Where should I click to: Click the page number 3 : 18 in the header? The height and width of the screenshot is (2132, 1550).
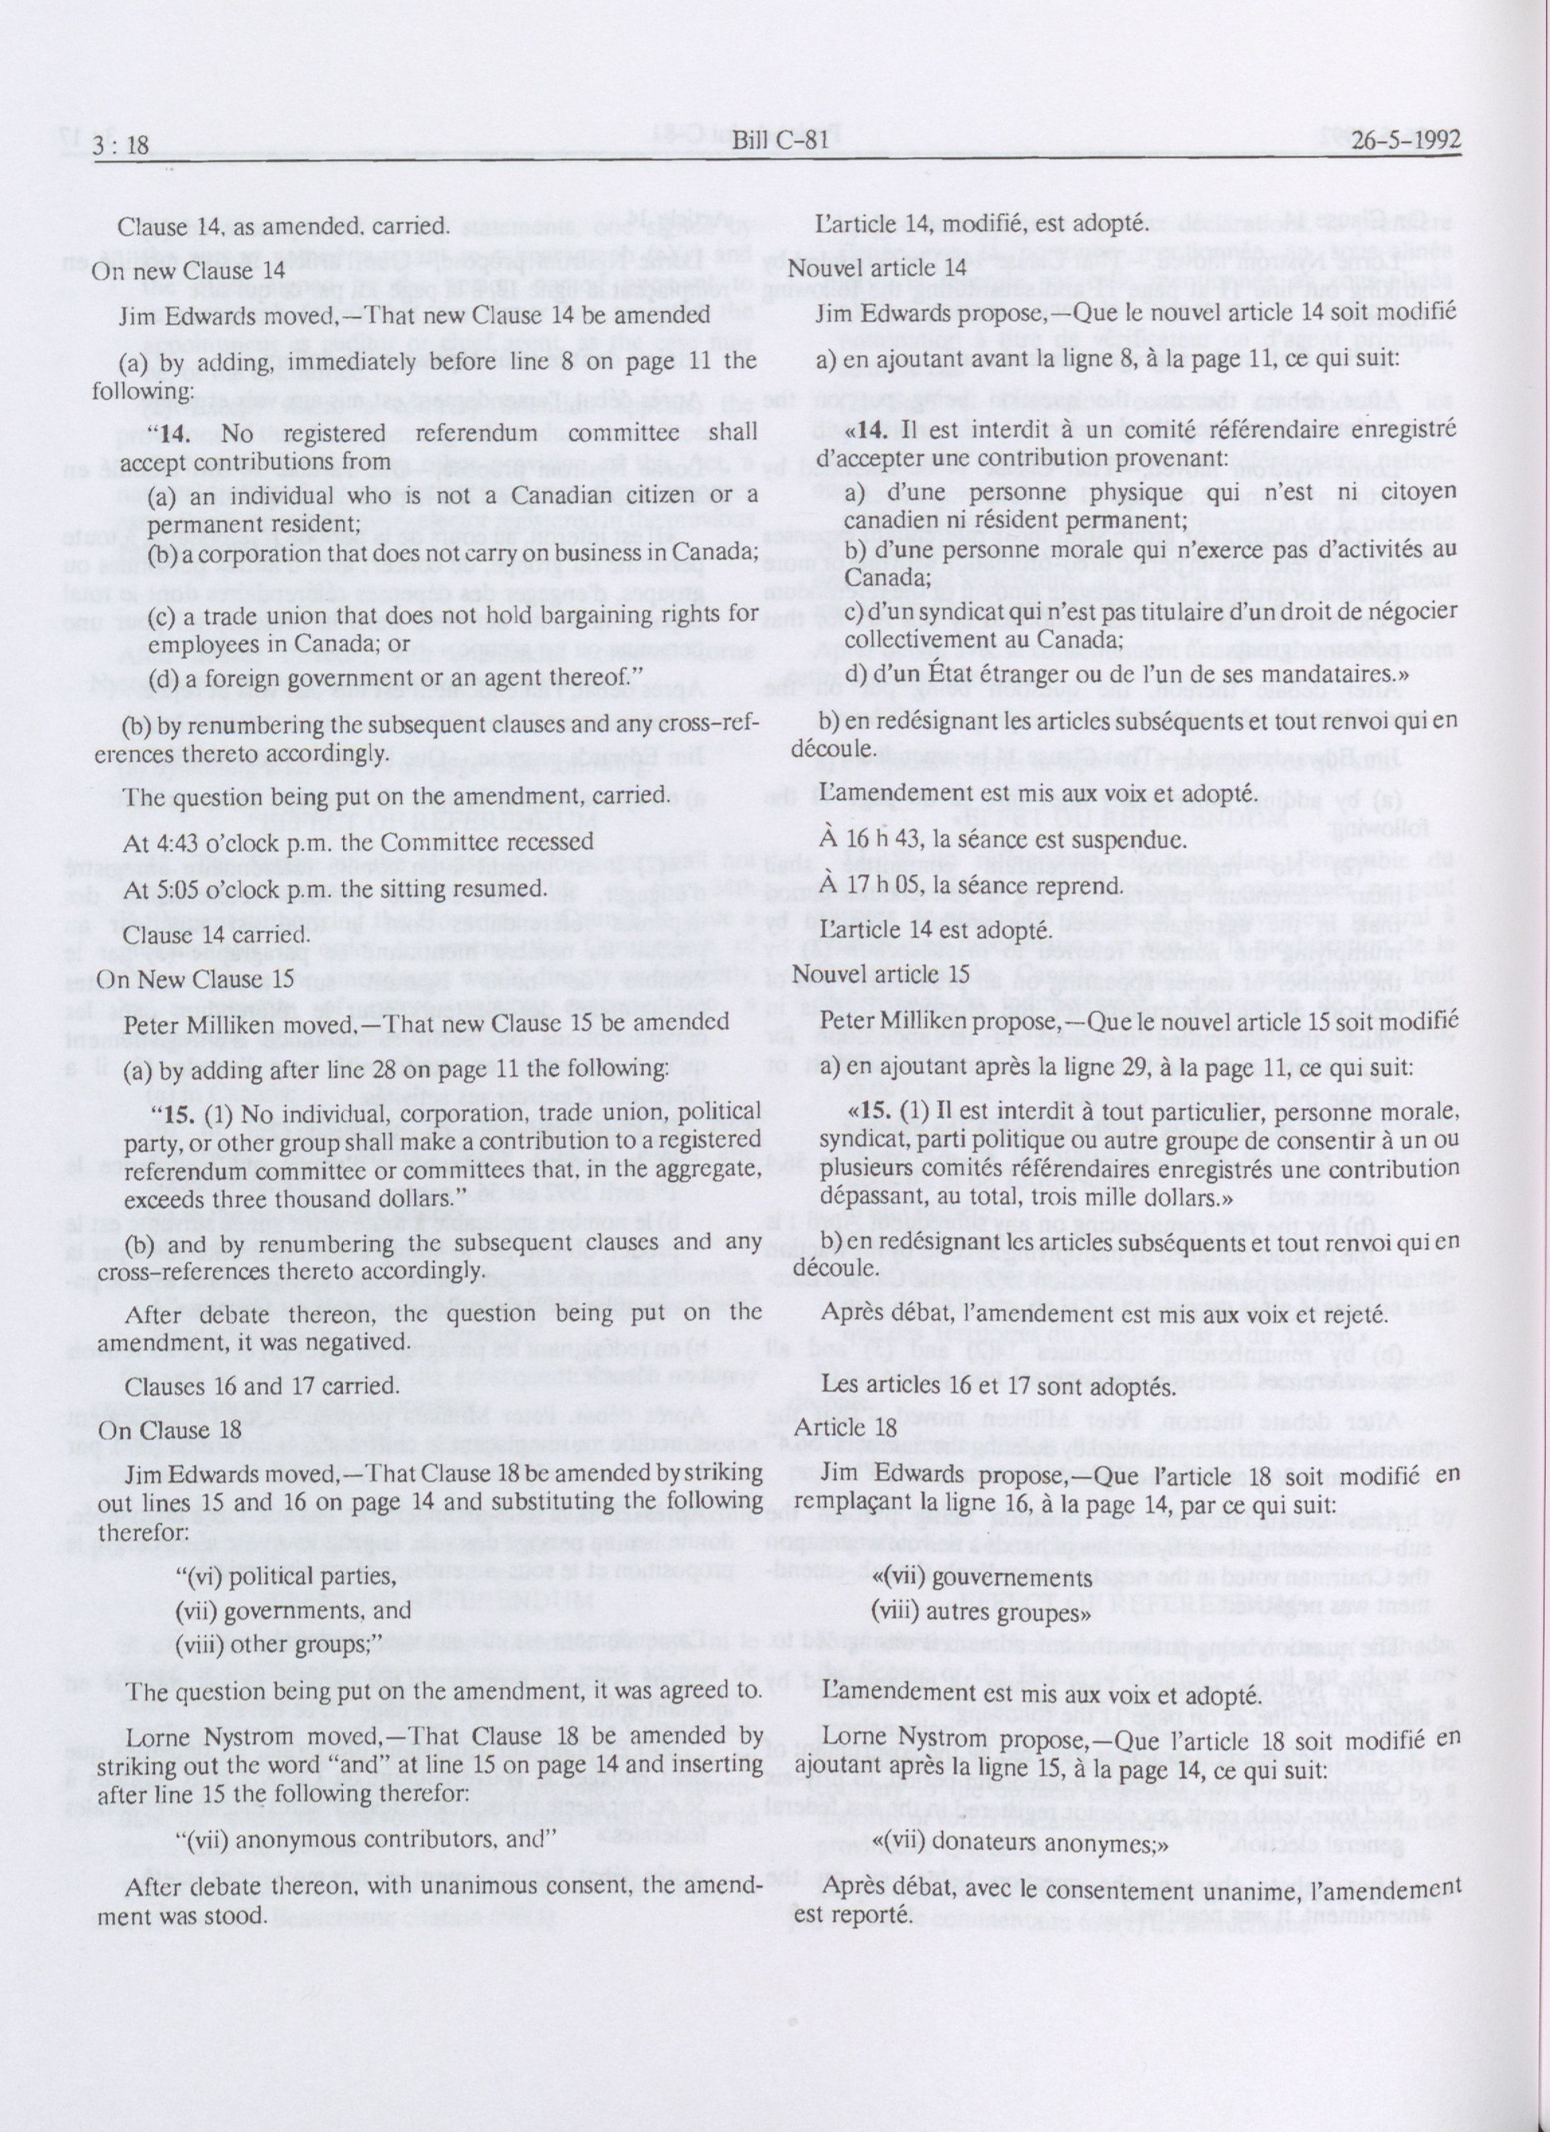point(122,143)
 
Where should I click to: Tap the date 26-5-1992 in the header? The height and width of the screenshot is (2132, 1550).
point(1407,140)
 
